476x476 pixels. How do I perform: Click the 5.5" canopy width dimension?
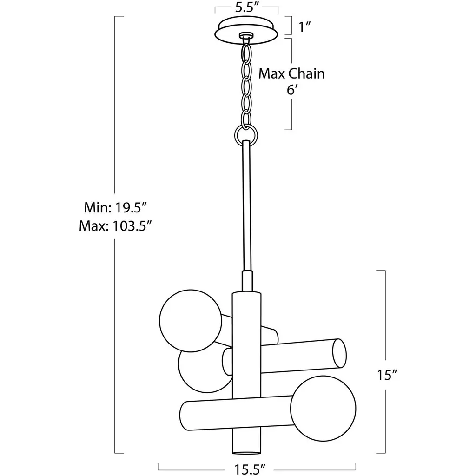[x=246, y=8]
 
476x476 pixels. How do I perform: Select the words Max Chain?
[x=291, y=74]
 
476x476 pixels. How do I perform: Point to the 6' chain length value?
[x=291, y=90]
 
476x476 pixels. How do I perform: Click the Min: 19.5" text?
[x=115, y=208]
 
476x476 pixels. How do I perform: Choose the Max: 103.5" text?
[x=115, y=226]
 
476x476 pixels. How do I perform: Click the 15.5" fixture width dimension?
[x=250, y=469]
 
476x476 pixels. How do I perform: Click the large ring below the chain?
[x=246, y=135]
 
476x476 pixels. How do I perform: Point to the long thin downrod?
[x=246, y=206]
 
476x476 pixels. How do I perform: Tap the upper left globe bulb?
[x=191, y=321]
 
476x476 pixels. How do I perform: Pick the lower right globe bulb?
[x=323, y=408]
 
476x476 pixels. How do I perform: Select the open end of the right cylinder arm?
[x=339, y=353]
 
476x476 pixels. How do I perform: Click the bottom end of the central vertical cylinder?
[x=246, y=452]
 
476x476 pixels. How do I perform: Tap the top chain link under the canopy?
[x=246, y=52]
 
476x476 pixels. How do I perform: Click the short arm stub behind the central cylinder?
[x=270, y=336]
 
